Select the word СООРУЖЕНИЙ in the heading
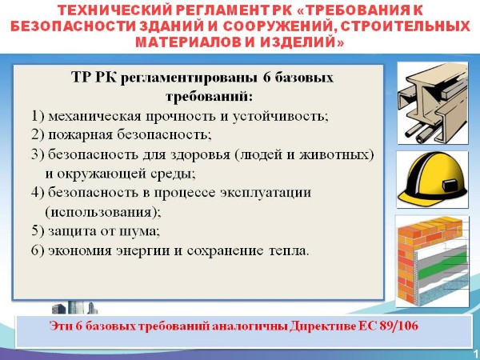(279, 26)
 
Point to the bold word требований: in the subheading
(210, 97)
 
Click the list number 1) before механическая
(38, 117)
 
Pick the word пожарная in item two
(81, 135)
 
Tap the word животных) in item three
(336, 155)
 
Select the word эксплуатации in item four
(266, 194)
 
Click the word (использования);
(103, 213)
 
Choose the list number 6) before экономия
(38, 251)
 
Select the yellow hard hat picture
(432, 179)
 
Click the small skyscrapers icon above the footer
(74, 308)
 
